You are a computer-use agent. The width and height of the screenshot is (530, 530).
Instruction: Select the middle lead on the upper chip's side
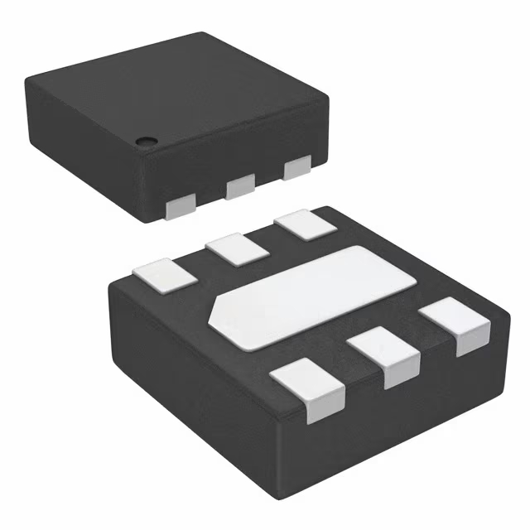(x=240, y=186)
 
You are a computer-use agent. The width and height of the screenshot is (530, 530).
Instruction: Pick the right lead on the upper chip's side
(x=296, y=168)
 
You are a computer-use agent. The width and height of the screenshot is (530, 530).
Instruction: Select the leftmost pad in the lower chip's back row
(x=161, y=274)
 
